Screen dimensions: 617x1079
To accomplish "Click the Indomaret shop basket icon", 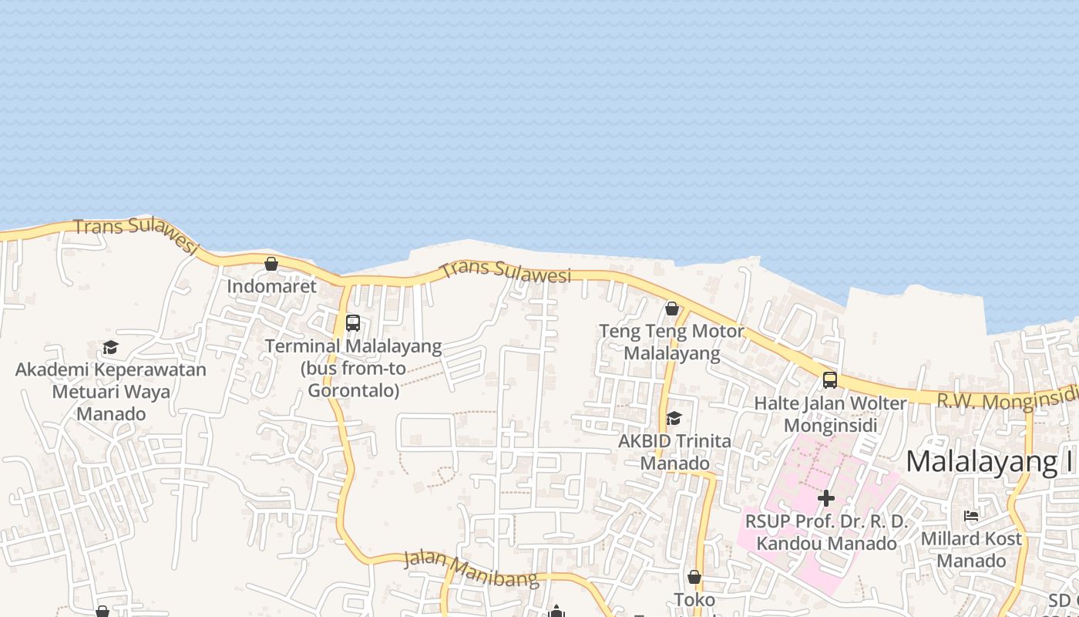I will [x=271, y=264].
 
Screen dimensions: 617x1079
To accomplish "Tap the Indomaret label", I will [x=271, y=286].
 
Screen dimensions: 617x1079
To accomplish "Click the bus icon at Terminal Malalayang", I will [x=353, y=323].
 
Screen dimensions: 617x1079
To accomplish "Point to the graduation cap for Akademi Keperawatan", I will [x=110, y=348].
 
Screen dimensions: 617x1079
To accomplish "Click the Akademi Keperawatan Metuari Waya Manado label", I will [x=111, y=391].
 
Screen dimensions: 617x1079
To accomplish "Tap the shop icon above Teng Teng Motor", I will [x=672, y=308].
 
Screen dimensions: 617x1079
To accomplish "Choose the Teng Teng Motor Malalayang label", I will [x=672, y=342].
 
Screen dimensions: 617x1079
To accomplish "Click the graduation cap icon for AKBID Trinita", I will [x=674, y=418].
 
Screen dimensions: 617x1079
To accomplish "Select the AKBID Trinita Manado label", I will [x=675, y=453].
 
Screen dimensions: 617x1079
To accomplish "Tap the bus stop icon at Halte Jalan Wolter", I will [x=830, y=379].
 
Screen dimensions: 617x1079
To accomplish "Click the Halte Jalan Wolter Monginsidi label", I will [x=830, y=414].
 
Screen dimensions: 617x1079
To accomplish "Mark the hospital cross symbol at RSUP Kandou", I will [x=825, y=498].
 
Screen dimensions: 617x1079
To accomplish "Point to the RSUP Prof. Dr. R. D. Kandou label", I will [x=826, y=532].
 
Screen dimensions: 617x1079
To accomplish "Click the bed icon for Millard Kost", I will [x=971, y=515].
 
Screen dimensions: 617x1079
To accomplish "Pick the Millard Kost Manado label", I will [x=971, y=549].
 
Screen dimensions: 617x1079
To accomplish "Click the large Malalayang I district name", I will [x=982, y=461].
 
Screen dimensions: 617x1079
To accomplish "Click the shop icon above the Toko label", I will [x=694, y=577].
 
